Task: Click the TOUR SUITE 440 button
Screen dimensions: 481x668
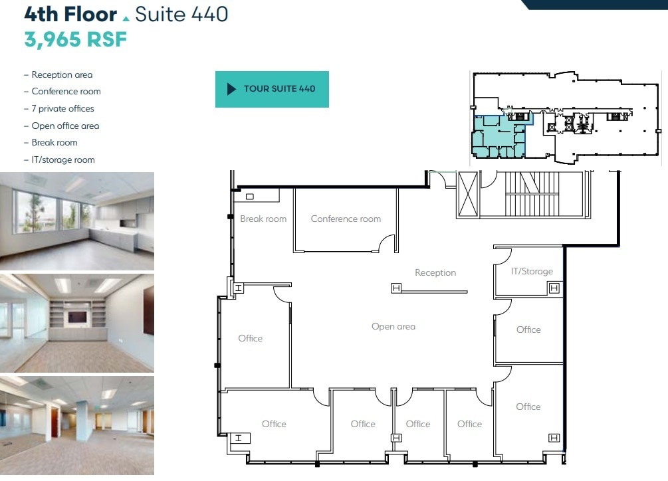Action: tap(272, 89)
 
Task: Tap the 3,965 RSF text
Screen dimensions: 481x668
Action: tap(75, 39)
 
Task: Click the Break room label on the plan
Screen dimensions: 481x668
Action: tap(263, 219)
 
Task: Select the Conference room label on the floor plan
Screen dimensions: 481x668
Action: tap(346, 219)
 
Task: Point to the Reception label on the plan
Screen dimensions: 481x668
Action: tap(435, 272)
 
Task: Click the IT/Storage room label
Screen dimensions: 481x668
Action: tap(532, 271)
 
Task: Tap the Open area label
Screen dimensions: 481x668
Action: tap(393, 326)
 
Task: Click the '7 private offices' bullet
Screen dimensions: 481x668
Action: tap(62, 108)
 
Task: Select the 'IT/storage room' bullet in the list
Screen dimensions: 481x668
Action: tap(62, 159)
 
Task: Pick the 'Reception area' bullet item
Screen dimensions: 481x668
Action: tap(62, 74)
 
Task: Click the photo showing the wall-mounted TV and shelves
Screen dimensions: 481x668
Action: tap(77, 323)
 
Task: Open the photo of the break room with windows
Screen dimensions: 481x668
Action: tap(77, 221)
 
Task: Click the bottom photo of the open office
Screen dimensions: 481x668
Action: tap(77, 425)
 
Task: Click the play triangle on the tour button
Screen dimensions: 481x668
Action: tap(231, 89)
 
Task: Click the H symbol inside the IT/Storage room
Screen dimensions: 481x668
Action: tap(554, 288)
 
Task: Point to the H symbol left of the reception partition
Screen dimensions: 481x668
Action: tap(396, 288)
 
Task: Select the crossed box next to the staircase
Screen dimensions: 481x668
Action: tap(468, 193)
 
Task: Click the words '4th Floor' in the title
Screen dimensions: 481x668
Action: tap(70, 14)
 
